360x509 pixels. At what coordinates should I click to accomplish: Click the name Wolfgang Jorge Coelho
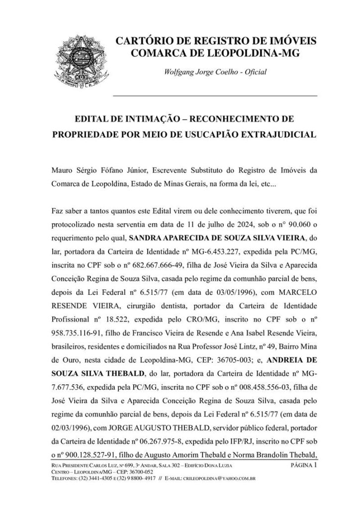201,73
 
